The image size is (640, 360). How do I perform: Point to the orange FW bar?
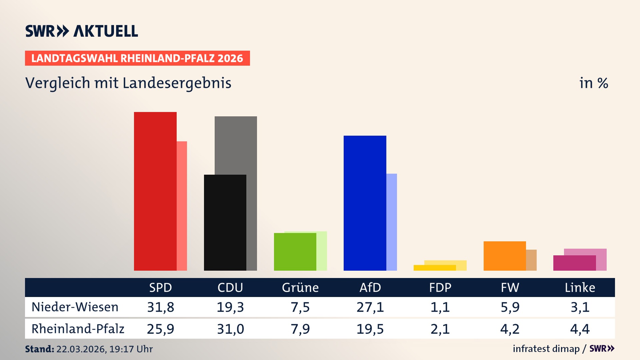click(504, 256)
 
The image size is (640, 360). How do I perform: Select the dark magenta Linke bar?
click(574, 263)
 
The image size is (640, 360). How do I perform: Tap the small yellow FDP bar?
click(434, 268)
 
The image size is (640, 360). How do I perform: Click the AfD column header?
click(370, 287)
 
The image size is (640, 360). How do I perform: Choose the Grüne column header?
click(300, 287)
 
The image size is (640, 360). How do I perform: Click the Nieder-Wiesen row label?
click(75, 307)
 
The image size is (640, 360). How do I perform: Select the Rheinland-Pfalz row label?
click(78, 329)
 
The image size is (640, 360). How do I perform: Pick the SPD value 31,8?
click(160, 307)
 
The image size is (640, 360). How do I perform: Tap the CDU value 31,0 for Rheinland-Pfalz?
click(230, 329)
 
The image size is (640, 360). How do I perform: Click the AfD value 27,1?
click(370, 307)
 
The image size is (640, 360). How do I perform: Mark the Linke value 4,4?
click(580, 329)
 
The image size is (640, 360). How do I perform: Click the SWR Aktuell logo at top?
click(81, 31)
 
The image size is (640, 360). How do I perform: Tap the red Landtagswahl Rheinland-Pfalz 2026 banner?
click(137, 58)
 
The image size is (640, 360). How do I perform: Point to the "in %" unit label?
click(593, 83)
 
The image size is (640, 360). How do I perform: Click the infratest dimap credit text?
click(546, 349)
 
